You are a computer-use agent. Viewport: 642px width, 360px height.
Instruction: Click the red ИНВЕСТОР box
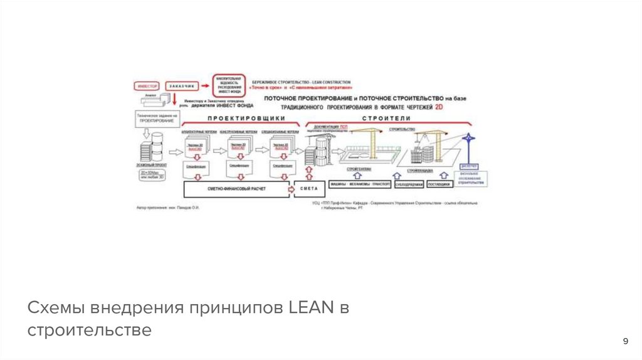click(148, 85)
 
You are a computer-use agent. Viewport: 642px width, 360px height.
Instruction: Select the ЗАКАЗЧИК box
click(182, 85)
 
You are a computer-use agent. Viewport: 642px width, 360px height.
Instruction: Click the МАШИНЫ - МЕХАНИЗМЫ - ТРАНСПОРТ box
click(360, 184)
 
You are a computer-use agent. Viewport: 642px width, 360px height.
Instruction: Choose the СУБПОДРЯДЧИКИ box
click(409, 184)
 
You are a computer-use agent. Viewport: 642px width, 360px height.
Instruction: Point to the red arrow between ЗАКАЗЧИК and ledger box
click(205, 85)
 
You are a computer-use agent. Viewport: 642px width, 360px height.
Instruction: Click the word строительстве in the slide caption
click(89, 330)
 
